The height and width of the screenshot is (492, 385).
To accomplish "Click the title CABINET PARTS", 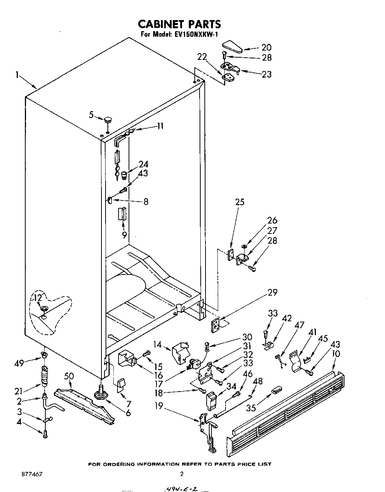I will tap(179, 24).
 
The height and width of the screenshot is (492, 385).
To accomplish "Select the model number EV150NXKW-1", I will tap(197, 35).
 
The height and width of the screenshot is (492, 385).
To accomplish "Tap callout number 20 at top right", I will tap(266, 47).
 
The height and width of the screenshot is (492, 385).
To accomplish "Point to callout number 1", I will tap(17, 75).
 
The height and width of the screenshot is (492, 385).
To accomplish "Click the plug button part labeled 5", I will tap(108, 120).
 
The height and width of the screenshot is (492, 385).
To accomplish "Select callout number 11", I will tap(160, 126).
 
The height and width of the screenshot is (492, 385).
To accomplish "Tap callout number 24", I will tap(143, 164).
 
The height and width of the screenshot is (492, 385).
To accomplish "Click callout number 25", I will tap(240, 202).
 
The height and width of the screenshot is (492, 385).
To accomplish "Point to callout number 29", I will tap(272, 292).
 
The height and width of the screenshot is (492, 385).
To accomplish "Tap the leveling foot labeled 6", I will tap(100, 394).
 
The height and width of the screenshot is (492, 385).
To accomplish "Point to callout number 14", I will tap(158, 344).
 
